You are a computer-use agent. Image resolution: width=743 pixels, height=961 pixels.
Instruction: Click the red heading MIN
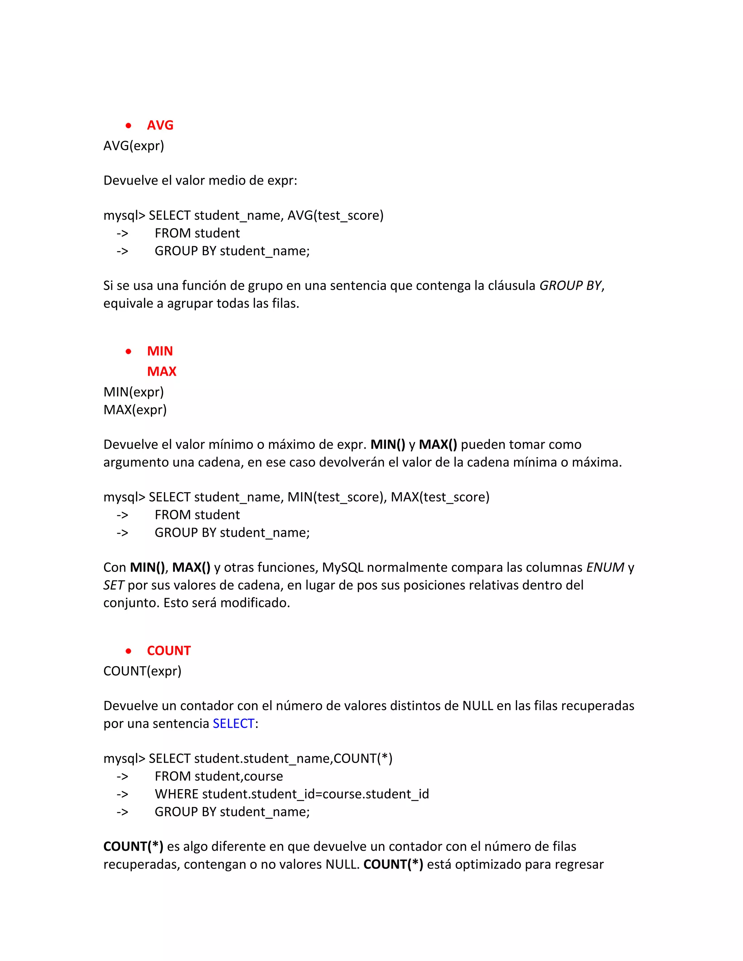click(160, 351)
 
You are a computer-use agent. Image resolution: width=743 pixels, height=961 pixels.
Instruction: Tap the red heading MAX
click(161, 371)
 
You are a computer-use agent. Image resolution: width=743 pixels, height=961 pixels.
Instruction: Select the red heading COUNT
click(169, 651)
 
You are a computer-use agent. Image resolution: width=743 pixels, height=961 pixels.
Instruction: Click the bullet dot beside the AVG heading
click(128, 126)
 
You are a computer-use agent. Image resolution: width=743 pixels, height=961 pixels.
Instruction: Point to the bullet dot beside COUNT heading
click(128, 651)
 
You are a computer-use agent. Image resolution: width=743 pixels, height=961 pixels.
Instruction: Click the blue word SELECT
click(233, 724)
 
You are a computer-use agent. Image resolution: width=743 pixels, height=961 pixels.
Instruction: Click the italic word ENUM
click(605, 568)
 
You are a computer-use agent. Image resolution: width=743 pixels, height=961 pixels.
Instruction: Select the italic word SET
click(114, 585)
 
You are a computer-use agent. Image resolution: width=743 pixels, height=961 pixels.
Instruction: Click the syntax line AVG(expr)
click(134, 146)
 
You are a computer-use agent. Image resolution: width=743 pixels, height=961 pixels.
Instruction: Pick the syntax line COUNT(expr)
click(142, 671)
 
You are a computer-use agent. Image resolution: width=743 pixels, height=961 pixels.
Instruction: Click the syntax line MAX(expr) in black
click(135, 410)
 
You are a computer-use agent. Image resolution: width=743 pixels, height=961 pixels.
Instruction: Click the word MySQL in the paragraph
click(342, 568)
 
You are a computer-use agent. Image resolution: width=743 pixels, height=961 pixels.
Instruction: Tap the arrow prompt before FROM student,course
click(122, 777)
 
